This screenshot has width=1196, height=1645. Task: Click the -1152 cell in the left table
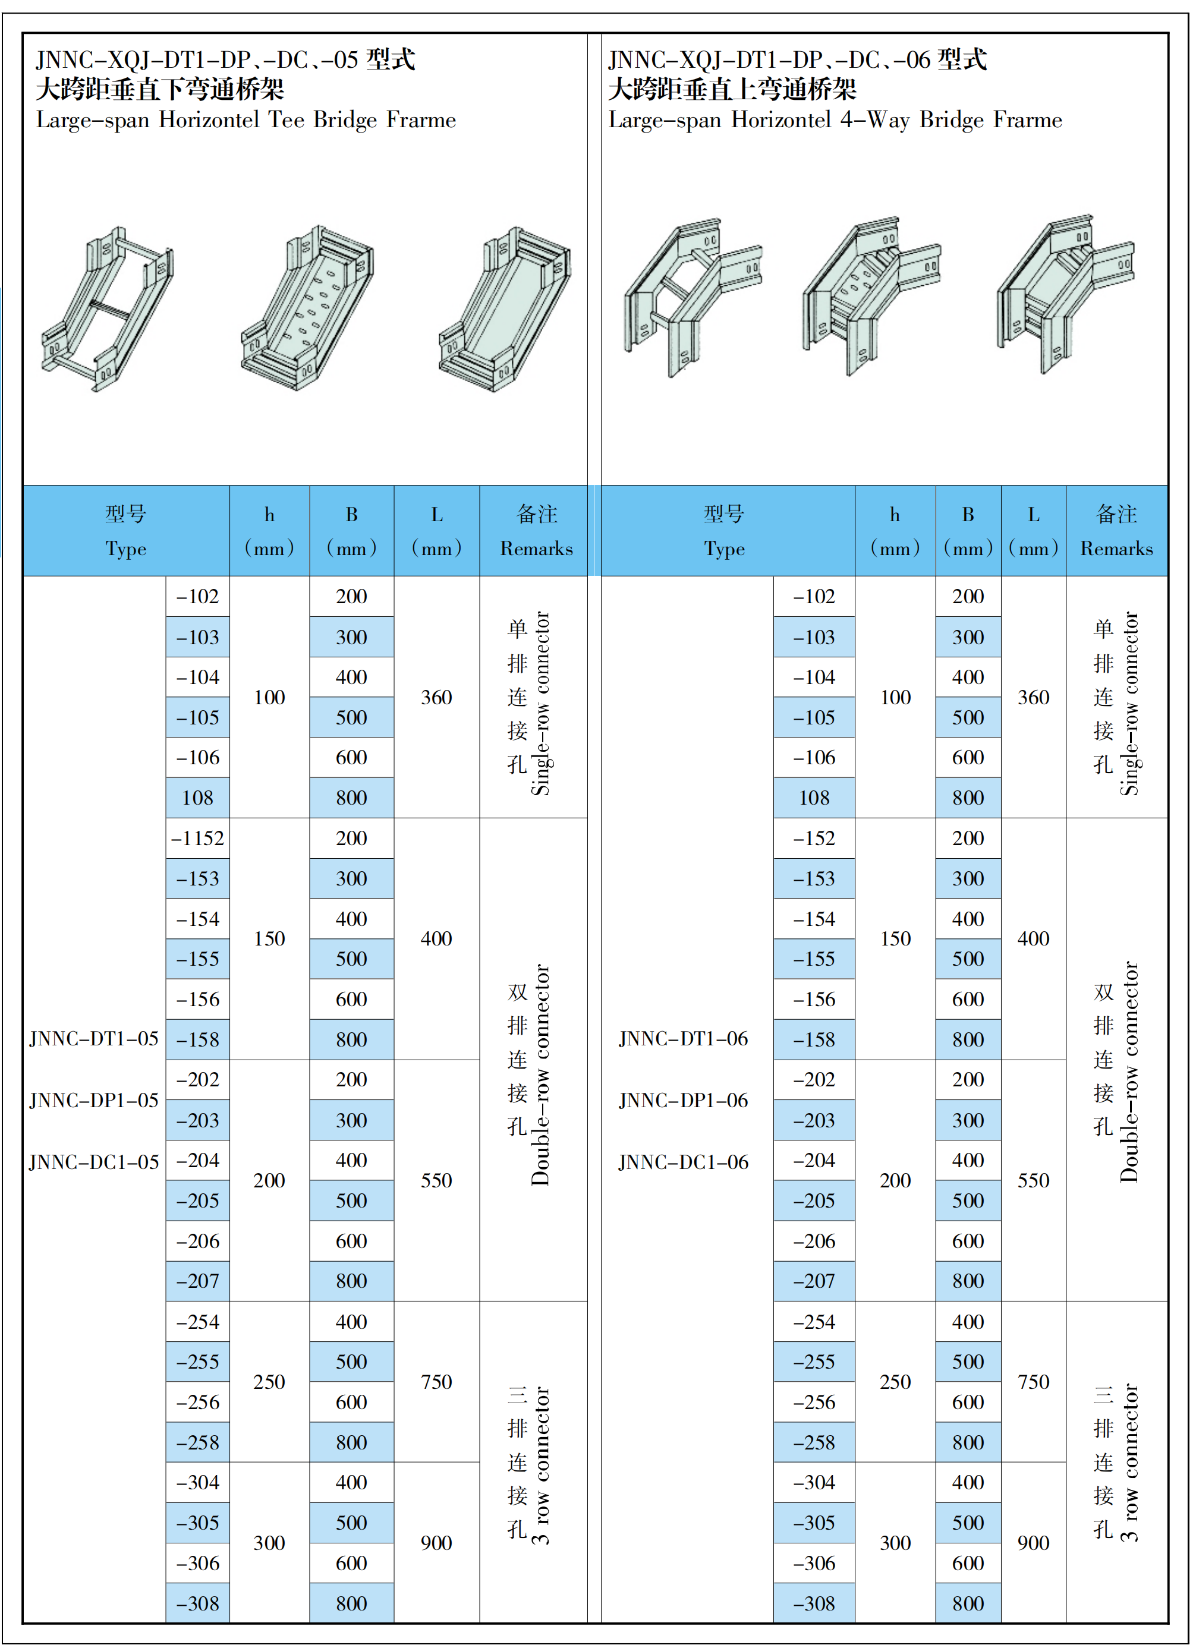click(x=197, y=839)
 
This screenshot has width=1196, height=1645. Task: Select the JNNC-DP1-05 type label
click(x=93, y=1100)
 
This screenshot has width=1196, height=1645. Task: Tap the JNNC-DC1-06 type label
click(x=683, y=1162)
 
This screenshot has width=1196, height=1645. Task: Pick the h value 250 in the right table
click(x=895, y=1382)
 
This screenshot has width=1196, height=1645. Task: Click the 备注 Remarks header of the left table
click(x=536, y=531)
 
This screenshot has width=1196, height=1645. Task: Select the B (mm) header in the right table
click(x=968, y=531)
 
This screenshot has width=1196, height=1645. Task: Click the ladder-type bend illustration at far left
click(x=108, y=309)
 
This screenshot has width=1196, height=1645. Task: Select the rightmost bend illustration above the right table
click(x=1065, y=294)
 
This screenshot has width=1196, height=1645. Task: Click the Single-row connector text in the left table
click(x=541, y=704)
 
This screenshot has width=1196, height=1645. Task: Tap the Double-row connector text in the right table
click(x=1129, y=1072)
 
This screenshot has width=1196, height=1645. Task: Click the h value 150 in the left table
click(x=269, y=938)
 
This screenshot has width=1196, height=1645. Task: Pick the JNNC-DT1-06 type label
click(x=683, y=1039)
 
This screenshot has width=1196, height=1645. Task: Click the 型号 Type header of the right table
click(x=724, y=531)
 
